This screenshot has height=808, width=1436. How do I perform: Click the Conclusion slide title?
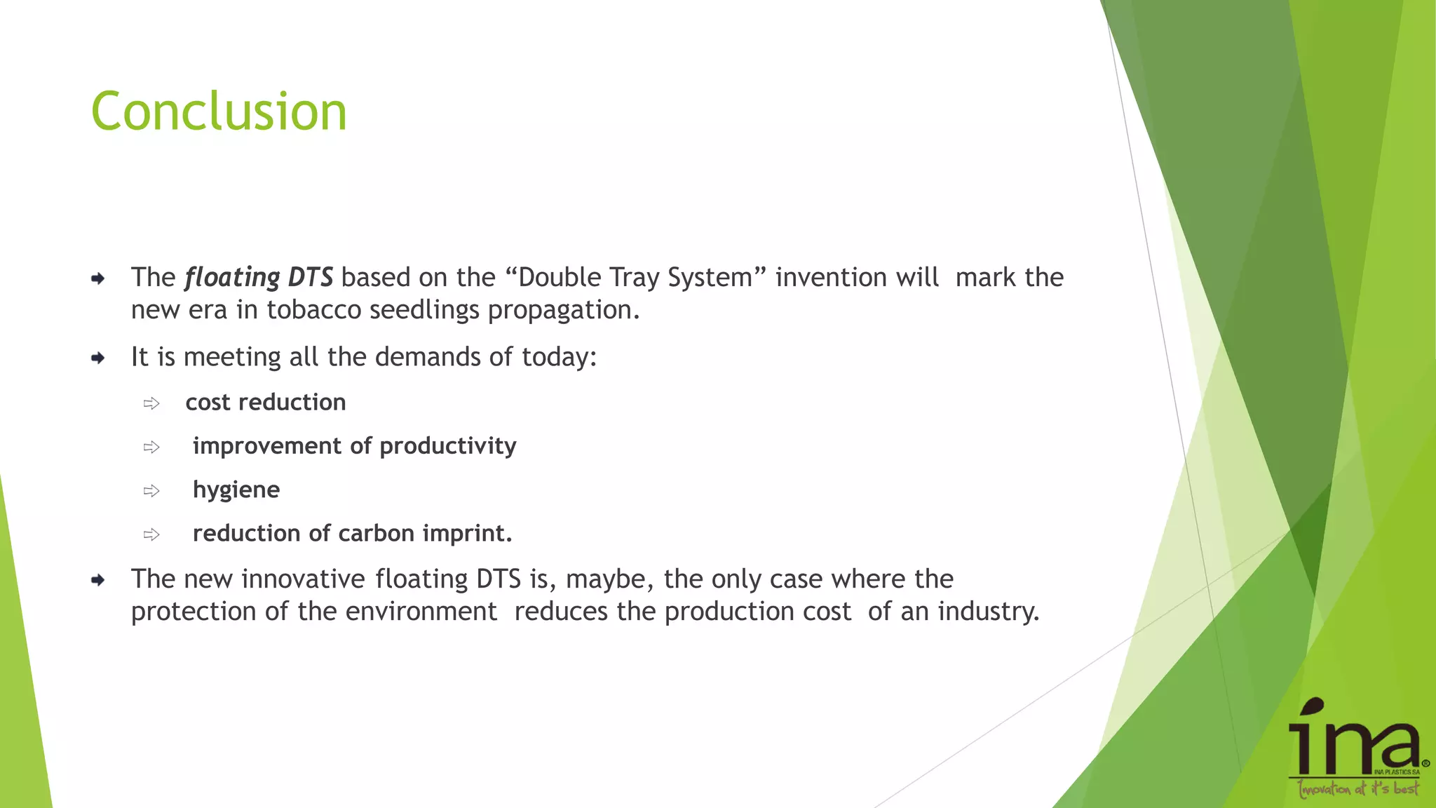219,112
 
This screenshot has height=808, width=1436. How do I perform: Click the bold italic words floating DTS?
259,278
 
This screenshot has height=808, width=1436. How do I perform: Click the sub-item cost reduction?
265,403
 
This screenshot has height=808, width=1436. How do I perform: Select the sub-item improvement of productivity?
354,446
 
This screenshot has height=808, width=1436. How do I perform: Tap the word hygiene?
236,490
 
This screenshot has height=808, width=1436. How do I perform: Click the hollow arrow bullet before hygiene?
151,491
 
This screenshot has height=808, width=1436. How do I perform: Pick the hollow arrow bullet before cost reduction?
151,403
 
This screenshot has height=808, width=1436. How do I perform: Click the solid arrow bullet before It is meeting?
98,358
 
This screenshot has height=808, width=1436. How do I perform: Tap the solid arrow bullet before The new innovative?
98,580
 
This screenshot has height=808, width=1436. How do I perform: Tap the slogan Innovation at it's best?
1357,789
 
